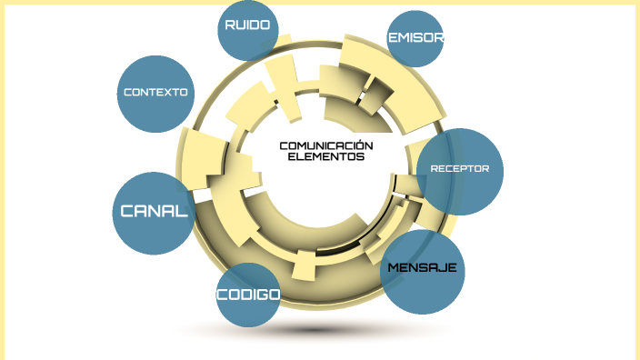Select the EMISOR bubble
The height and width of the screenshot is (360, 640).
coord(415,39)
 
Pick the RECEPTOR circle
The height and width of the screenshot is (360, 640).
coord(460,172)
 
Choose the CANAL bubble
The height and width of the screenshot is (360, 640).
coord(154,213)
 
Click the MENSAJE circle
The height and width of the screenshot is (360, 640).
coord(422,271)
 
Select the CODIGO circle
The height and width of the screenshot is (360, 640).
coord(247,296)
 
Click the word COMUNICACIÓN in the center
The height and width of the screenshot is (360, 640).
coord(325,145)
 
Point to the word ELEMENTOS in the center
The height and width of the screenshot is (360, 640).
coord(325,156)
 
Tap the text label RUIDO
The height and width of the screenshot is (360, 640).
coord(248,25)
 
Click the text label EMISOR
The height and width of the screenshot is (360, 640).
coord(415,38)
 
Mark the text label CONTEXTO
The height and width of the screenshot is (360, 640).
coord(155,92)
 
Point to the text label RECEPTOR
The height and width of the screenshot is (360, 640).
coord(460,168)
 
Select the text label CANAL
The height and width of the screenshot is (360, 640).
coord(154,212)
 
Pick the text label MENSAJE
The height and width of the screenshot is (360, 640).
coord(422,268)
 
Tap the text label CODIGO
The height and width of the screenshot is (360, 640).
coord(247,295)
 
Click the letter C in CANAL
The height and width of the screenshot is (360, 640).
coord(128,212)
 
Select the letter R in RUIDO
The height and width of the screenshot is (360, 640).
coord(230,25)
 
